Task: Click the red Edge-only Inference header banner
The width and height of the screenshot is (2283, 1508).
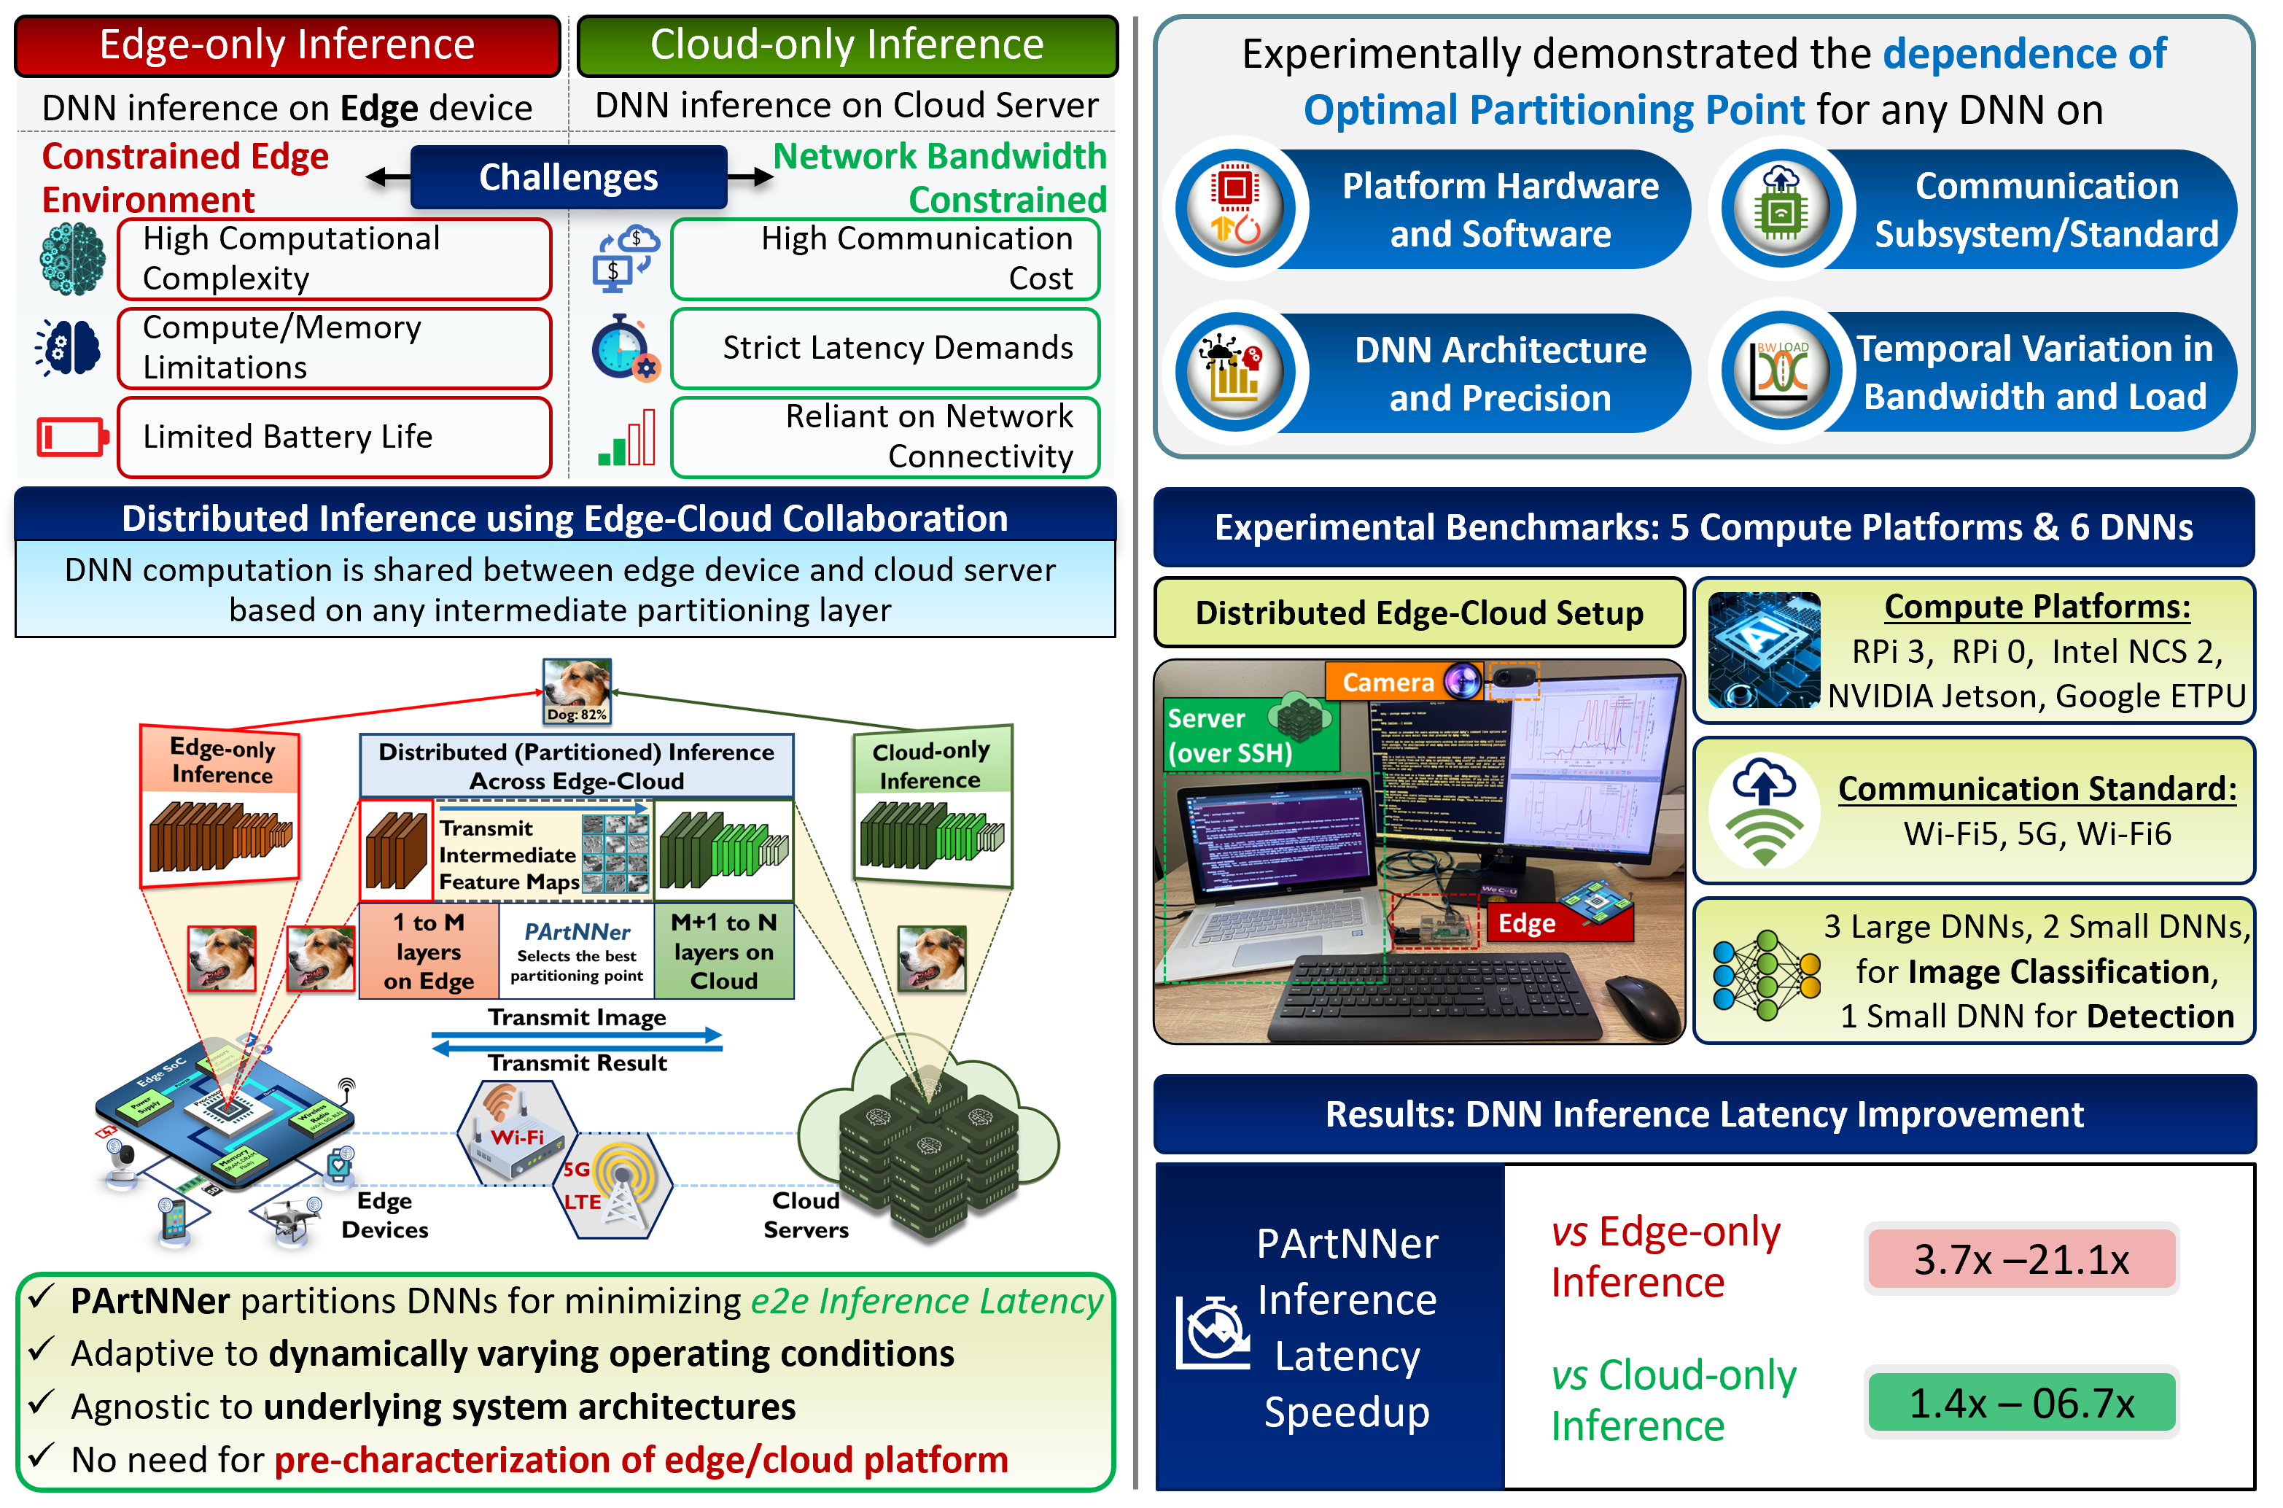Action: [287, 45]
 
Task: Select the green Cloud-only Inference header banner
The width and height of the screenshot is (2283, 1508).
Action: [847, 45]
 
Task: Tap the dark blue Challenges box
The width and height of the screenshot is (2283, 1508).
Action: [568, 177]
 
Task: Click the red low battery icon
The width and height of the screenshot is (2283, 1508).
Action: [72, 437]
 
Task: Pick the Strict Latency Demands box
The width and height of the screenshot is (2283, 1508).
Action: [884, 347]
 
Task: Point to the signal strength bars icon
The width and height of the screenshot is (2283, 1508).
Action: [627, 438]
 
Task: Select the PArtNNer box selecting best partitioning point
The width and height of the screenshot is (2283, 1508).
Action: [577, 951]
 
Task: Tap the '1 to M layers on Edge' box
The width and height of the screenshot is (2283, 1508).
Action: [429, 951]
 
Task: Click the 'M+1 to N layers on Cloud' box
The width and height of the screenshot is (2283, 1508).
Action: [724, 951]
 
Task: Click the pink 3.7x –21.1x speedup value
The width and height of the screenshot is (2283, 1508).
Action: [2021, 1259]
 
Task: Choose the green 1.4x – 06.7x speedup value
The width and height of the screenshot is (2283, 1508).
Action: [2021, 1403]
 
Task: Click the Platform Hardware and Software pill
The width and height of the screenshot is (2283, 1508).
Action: [1481, 210]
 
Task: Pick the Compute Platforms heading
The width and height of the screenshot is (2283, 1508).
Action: [2037, 607]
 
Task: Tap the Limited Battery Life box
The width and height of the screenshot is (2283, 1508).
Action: [334, 437]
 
